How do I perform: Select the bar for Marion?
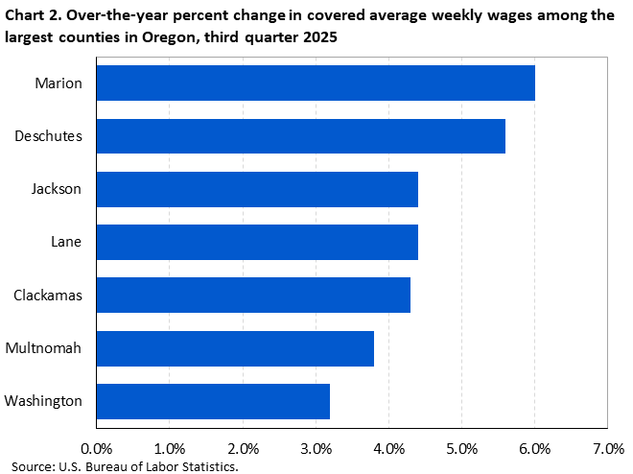[x=316, y=83]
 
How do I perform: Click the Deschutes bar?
[x=300, y=136]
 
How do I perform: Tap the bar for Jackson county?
[x=257, y=189]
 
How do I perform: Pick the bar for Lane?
[x=257, y=242]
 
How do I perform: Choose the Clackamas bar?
[x=253, y=295]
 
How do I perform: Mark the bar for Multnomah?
[x=235, y=347]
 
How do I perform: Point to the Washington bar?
[x=213, y=400]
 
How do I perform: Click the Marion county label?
[x=59, y=83]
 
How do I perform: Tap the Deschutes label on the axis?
[x=49, y=136]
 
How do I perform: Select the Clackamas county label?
[x=48, y=295]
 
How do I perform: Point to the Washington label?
[x=44, y=400]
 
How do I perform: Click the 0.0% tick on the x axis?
[x=96, y=448]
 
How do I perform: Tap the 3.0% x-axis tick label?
[x=316, y=448]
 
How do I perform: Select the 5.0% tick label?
[x=461, y=448]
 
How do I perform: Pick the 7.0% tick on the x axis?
[x=608, y=448]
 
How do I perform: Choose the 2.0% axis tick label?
[x=243, y=448]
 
